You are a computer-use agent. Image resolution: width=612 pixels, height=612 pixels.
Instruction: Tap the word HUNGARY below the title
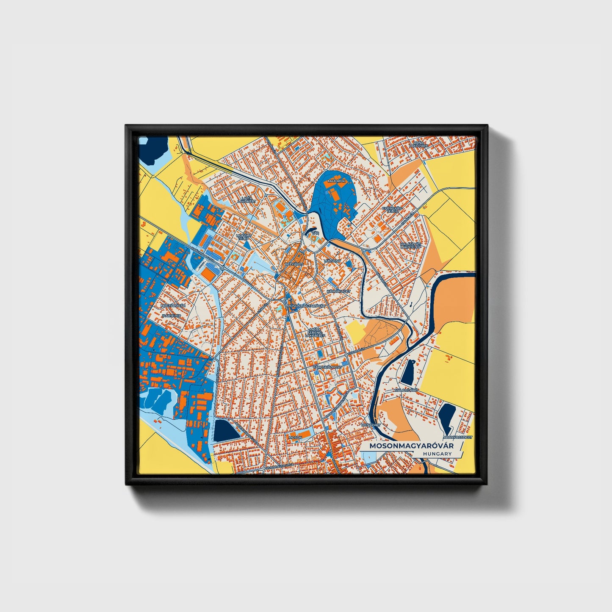tap(437, 454)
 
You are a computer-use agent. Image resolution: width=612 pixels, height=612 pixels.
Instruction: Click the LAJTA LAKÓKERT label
tap(246, 199)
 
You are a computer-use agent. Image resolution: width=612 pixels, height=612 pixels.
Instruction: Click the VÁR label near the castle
tap(315, 233)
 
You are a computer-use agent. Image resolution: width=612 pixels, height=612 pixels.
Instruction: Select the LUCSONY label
tap(332, 261)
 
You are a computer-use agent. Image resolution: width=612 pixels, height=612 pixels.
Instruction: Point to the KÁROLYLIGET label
tap(338, 292)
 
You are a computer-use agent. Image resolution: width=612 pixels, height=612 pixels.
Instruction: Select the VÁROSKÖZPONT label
tap(327, 367)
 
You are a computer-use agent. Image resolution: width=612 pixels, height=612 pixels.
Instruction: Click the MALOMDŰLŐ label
tap(406, 390)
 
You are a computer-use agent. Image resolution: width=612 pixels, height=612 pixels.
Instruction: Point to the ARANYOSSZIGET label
tap(457, 437)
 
